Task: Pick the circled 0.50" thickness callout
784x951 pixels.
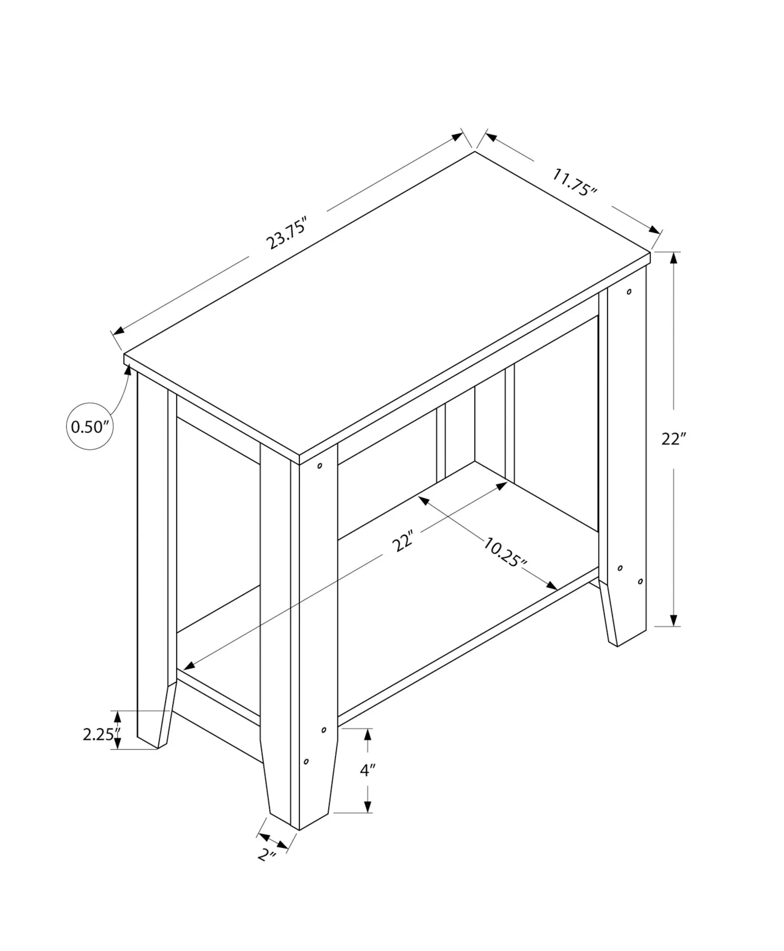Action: [x=90, y=426]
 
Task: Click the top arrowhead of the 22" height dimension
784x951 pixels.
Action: [x=674, y=258]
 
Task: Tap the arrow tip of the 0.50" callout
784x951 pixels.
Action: [x=129, y=369]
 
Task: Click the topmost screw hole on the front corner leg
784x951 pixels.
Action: [x=320, y=465]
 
